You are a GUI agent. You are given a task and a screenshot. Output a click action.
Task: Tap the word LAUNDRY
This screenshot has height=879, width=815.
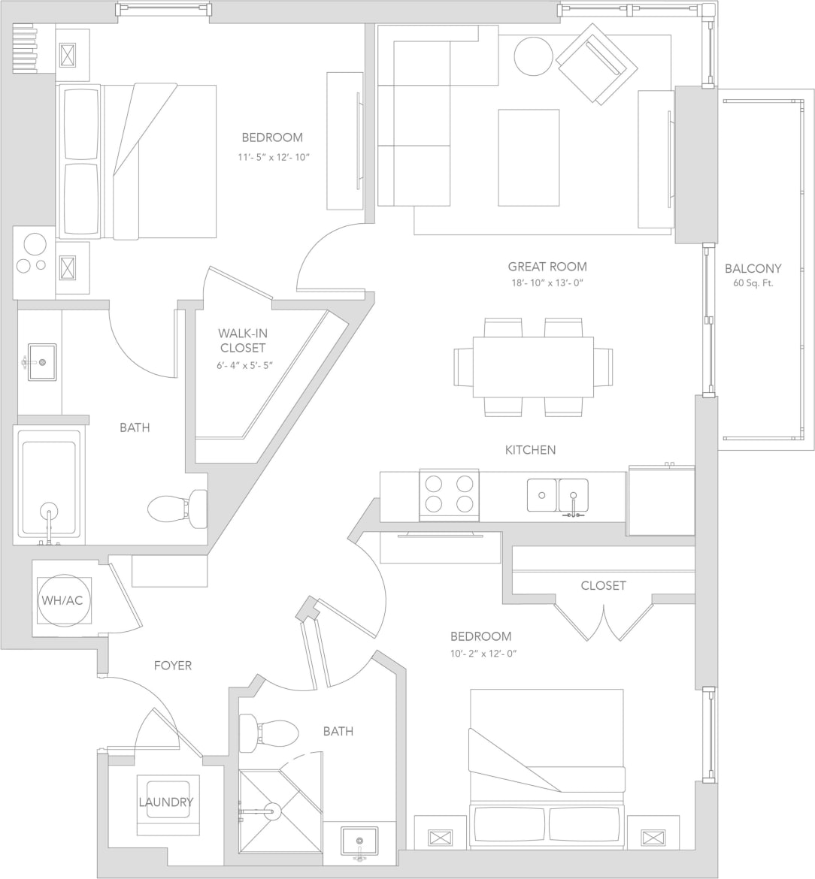165,802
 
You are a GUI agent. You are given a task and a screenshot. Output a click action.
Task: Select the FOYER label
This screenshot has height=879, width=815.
173,666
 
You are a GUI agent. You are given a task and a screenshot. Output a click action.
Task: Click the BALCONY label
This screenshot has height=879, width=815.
753,268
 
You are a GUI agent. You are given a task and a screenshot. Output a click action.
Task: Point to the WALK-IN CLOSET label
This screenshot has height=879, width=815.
242,340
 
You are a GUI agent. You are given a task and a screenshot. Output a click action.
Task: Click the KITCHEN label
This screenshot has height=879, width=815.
530,450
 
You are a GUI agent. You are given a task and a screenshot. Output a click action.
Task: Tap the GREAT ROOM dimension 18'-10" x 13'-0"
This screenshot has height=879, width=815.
547,283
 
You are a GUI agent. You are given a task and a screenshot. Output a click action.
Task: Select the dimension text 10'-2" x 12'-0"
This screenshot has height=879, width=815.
481,653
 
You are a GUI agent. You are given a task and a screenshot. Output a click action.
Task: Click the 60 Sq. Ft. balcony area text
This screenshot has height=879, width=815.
753,284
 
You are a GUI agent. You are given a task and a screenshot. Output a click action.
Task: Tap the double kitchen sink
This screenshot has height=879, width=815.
557,495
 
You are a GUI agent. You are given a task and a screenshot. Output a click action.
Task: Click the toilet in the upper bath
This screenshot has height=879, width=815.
178,509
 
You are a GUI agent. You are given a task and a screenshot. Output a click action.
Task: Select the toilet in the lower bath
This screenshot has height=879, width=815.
268,733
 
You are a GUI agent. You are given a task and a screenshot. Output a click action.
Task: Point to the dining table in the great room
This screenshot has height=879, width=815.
533,367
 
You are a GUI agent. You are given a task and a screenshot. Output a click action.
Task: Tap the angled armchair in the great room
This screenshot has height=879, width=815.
597,63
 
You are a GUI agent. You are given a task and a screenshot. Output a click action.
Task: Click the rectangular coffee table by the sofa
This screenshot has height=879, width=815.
529,157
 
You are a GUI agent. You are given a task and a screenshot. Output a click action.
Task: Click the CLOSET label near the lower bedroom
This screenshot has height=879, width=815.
603,585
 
